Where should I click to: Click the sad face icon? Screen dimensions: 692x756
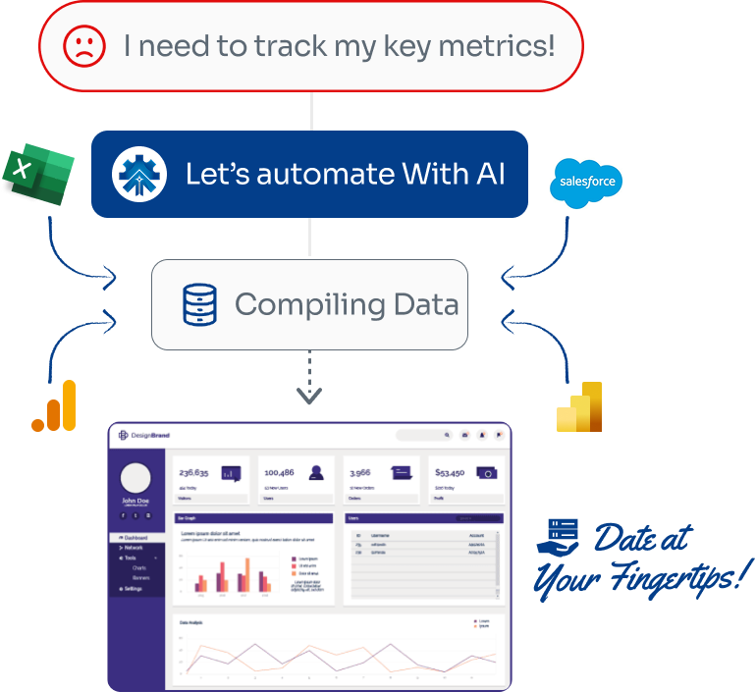[84, 46]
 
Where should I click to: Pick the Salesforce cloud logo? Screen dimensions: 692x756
[586, 183]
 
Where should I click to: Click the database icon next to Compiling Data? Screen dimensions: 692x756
[200, 304]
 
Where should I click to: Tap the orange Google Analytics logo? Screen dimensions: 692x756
[54, 405]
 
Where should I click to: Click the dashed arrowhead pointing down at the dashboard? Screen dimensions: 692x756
[309, 397]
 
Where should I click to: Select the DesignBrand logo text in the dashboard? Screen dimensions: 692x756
[148, 435]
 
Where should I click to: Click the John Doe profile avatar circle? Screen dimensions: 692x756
[135, 478]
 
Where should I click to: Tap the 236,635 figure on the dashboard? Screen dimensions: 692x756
[193, 472]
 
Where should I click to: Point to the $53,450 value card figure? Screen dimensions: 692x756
[450, 472]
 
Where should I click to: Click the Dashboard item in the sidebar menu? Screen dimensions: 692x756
[135, 538]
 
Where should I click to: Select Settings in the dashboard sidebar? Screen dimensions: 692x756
[133, 588]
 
